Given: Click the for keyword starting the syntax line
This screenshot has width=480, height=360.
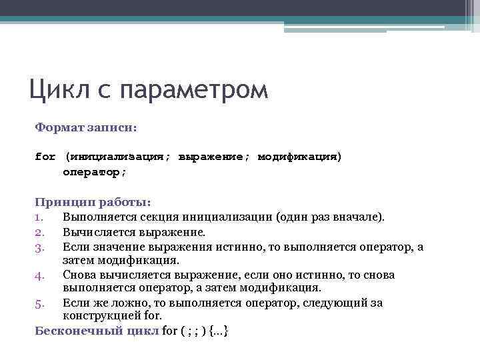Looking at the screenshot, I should click(x=45, y=157).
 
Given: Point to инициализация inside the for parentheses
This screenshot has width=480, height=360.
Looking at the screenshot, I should click(x=116, y=157).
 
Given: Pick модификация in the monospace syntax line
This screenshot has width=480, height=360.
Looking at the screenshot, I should click(x=297, y=157).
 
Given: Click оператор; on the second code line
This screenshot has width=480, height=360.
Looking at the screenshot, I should click(x=94, y=172).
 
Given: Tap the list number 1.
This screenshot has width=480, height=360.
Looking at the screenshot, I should click(x=39, y=217).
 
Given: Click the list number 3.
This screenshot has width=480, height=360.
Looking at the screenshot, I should click(x=39, y=247).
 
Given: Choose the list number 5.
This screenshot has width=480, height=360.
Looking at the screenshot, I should click(x=39, y=303).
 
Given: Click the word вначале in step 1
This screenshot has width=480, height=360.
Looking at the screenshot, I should click(x=357, y=217).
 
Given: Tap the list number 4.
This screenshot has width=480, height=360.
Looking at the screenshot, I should click(x=39, y=275).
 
